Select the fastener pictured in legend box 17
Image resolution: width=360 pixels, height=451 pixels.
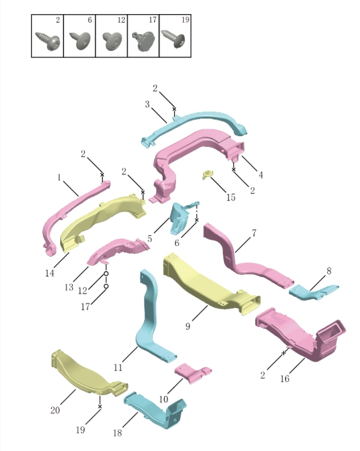[143, 40]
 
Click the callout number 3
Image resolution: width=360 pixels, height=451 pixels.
[147, 104]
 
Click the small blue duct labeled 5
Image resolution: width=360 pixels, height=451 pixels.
[181, 217]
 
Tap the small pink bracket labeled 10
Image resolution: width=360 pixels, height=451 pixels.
[191, 373]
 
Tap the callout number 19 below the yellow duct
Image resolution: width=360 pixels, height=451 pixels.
[80, 430]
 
